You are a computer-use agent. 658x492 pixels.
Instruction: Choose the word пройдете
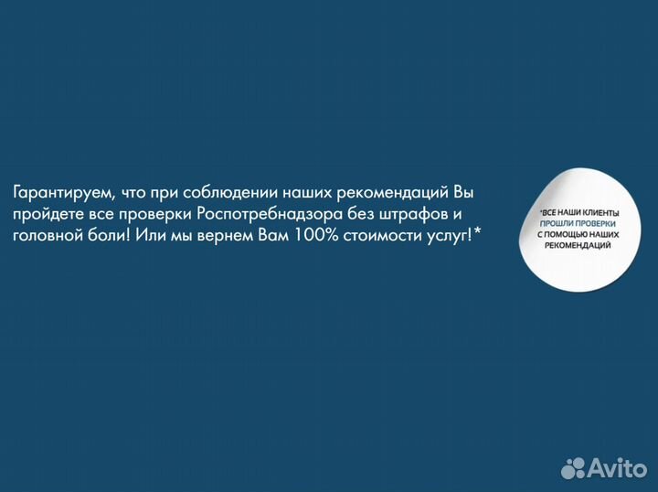point(46,216)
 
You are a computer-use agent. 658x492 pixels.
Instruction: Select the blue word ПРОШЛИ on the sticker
point(557,224)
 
